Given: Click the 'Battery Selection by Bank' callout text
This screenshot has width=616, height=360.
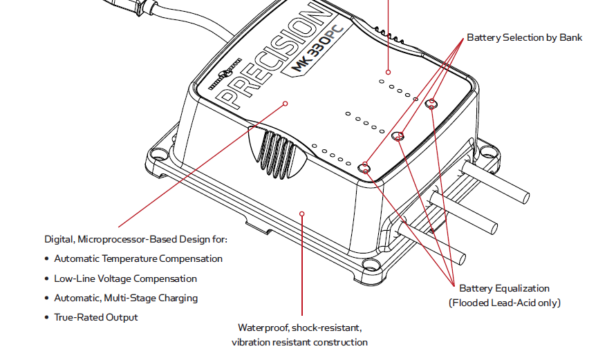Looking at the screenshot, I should [524, 37].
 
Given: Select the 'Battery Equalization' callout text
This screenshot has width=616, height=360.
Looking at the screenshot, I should [504, 288].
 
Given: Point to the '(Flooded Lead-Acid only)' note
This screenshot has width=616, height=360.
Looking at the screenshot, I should [504, 303].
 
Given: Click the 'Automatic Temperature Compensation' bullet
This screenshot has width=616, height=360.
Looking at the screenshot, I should [138, 259].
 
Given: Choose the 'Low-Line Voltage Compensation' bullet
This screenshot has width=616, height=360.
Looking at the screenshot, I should [125, 278].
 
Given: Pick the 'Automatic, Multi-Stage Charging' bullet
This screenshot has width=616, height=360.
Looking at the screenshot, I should [126, 298].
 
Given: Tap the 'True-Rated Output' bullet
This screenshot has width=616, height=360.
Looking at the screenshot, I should [96, 317].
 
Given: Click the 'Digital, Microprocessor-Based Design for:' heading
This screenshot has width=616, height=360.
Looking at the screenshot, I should [136, 240].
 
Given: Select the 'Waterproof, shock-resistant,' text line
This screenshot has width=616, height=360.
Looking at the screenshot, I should [299, 327].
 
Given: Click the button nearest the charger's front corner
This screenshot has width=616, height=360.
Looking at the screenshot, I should [365, 167].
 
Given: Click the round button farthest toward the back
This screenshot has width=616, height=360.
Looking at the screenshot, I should [431, 104].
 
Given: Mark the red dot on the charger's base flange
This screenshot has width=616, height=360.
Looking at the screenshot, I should [301, 213].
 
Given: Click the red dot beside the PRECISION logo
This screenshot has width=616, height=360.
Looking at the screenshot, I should [285, 104].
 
